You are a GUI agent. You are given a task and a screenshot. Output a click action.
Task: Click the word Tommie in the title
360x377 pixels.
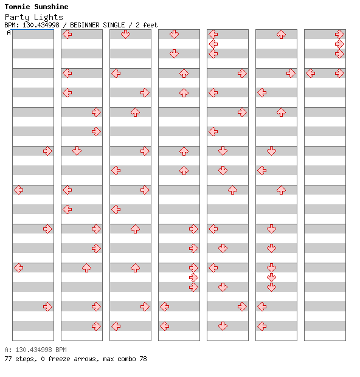(x=17, y=7)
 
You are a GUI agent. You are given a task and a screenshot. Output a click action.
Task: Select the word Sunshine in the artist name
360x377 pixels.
(x=51, y=7)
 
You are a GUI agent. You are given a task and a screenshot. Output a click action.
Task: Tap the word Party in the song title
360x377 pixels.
(x=17, y=17)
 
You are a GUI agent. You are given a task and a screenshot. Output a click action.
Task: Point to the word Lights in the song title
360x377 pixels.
(x=48, y=17)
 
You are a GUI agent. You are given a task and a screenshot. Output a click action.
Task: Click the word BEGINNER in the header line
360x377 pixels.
(x=85, y=25)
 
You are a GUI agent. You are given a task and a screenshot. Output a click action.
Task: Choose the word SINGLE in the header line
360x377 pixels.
(x=114, y=25)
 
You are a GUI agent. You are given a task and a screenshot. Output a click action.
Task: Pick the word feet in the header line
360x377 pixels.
(x=150, y=25)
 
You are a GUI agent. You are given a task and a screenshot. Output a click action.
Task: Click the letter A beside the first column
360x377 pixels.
(x=9, y=32)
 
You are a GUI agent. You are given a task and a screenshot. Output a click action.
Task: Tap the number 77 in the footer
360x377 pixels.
(x=8, y=359)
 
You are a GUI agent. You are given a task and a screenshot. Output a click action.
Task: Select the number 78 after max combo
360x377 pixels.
(x=143, y=359)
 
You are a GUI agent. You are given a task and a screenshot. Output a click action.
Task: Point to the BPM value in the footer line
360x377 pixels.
(x=33, y=350)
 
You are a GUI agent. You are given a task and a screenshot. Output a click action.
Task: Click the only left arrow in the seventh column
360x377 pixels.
(x=311, y=74)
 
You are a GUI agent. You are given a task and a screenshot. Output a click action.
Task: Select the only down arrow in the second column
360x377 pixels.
(x=77, y=151)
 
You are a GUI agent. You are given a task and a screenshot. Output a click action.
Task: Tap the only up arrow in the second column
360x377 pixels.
(x=86, y=268)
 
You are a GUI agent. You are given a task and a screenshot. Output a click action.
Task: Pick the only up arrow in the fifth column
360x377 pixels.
(x=232, y=190)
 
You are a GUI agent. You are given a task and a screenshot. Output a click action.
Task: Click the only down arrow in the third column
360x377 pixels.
(x=125, y=34)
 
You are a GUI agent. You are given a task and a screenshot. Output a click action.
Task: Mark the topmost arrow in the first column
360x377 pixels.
(x=47, y=151)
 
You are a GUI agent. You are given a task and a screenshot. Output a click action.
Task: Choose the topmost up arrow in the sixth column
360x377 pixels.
(x=281, y=34)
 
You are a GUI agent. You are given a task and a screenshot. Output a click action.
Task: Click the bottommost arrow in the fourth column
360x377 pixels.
(x=164, y=327)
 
